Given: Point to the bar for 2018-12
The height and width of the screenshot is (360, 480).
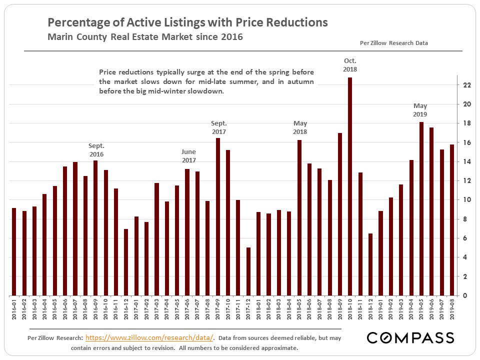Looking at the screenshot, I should [x=370, y=264].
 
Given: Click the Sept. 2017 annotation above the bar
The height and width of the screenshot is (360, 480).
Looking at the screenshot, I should [x=218, y=127].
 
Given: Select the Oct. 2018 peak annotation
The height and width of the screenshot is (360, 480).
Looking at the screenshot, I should [x=350, y=65].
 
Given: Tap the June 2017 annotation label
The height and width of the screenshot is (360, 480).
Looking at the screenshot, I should [x=188, y=155].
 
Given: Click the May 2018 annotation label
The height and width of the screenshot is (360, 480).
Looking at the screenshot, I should [x=300, y=127].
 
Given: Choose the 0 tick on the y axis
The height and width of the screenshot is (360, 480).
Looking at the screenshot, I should [x=465, y=295].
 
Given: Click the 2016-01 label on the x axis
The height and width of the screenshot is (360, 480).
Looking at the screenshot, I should [x=14, y=309].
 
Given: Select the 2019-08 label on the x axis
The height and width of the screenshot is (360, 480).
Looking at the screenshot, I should [x=452, y=309].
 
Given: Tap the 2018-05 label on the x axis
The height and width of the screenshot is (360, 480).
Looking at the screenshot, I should [x=299, y=309].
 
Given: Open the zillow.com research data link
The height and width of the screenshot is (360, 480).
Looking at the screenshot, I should [x=149, y=338].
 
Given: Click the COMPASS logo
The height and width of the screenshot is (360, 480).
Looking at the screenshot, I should [x=410, y=338].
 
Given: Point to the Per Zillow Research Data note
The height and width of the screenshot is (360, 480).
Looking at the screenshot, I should [x=394, y=43].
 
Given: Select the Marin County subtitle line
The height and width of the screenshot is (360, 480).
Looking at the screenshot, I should [x=145, y=37].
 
